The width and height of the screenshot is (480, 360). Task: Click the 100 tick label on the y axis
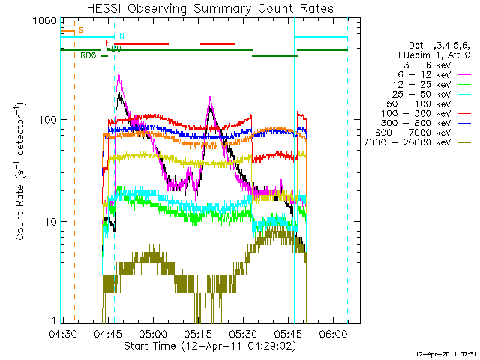46,120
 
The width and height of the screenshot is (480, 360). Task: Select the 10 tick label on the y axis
49,222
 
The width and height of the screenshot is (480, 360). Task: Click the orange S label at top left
81,31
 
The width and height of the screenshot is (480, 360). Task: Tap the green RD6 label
88,55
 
